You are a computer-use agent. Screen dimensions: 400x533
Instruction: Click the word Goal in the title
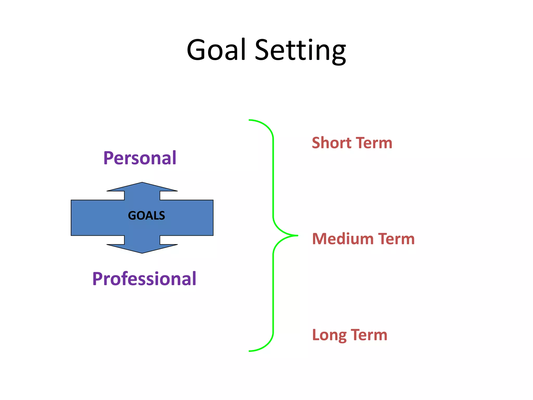(216, 49)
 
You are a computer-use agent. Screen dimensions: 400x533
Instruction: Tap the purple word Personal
(140, 158)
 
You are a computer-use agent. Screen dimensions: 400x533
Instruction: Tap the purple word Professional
(144, 279)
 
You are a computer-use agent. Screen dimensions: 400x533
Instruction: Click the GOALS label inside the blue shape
(146, 216)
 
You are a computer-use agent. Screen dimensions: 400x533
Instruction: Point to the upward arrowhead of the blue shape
(142, 187)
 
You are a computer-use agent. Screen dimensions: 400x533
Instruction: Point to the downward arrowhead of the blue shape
(142, 248)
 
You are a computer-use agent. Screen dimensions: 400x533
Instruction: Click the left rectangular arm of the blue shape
(96, 218)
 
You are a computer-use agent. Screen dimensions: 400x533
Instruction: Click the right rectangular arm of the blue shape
(187, 218)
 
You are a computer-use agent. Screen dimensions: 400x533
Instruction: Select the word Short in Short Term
(332, 143)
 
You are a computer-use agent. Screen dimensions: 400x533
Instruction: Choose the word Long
(329, 335)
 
